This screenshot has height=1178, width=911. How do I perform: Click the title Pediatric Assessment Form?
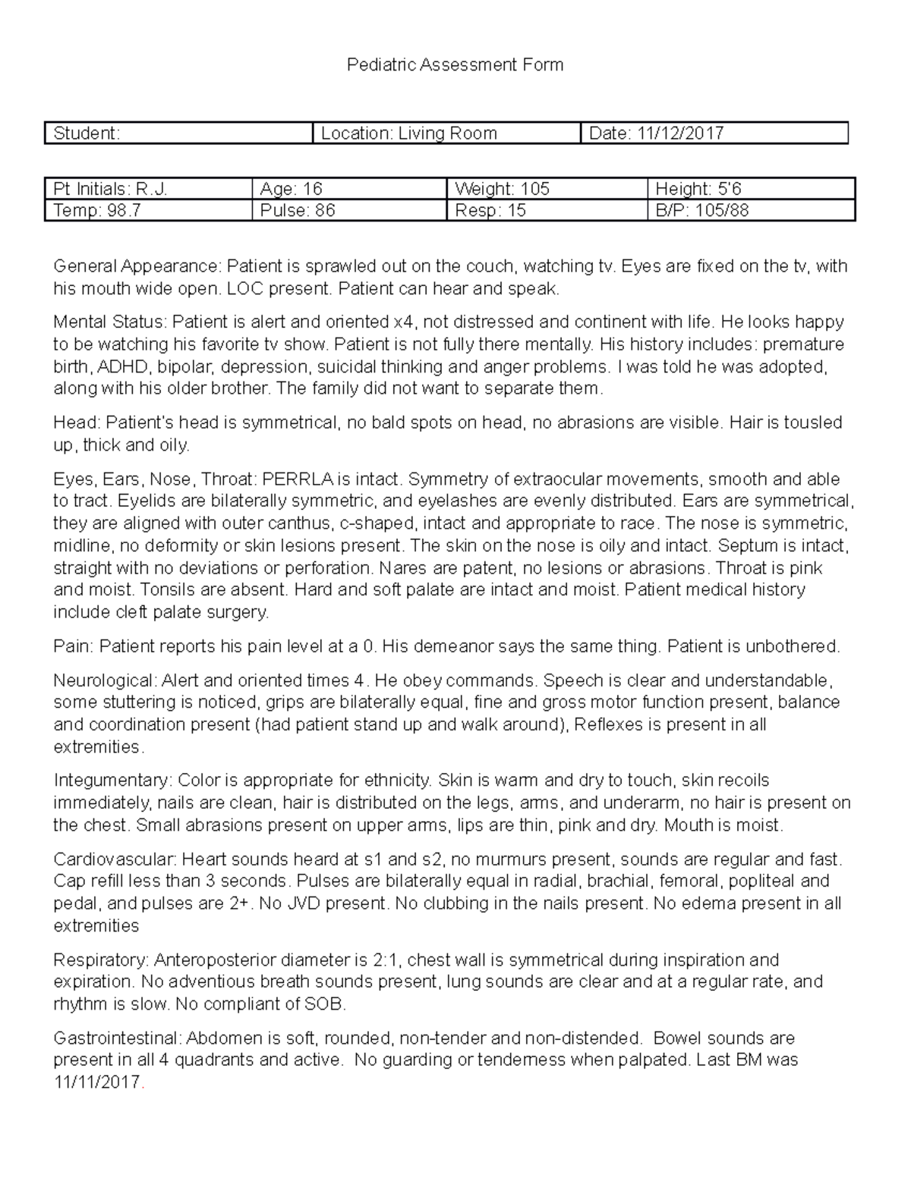tap(455, 65)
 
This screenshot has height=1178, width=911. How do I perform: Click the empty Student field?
tap(179, 134)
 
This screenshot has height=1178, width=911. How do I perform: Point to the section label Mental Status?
tap(110, 322)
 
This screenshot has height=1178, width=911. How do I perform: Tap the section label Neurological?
tap(105, 680)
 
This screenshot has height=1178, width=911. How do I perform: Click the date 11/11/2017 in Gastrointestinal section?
tap(97, 1082)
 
